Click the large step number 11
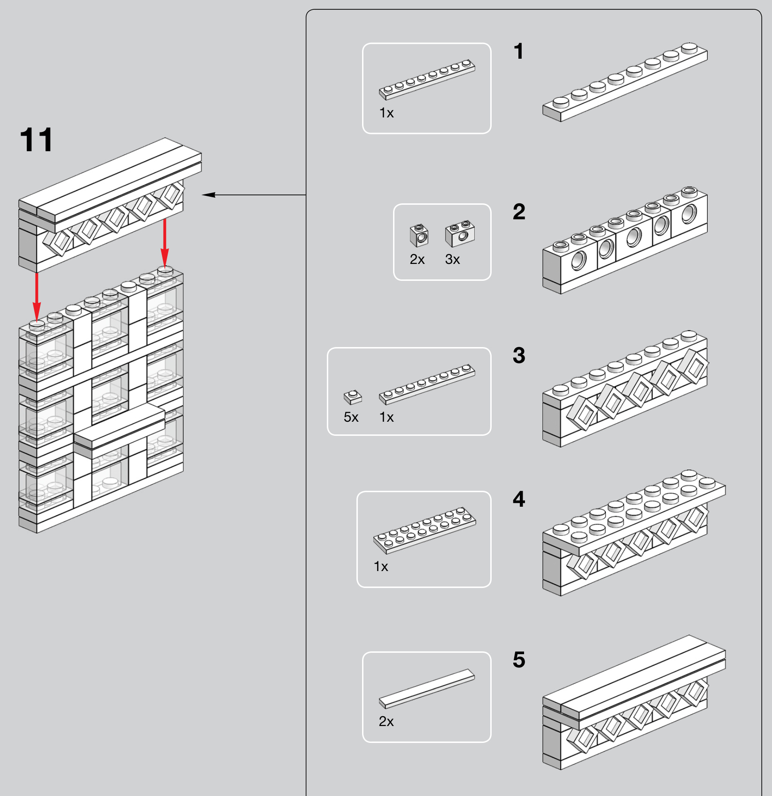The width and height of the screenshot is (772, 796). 37,140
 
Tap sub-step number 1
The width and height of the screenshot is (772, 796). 518,51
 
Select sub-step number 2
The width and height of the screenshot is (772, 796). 519,212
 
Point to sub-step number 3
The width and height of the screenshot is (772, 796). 519,355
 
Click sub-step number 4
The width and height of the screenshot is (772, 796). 519,499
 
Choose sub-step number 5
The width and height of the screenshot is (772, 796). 519,660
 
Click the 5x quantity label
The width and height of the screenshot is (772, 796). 351,417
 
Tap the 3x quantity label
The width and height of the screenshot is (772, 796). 452,259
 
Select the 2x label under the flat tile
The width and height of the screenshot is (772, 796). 386,721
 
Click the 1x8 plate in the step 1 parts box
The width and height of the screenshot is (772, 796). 427,80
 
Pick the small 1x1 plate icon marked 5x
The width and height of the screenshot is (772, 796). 353,397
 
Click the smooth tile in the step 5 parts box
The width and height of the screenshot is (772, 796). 427,688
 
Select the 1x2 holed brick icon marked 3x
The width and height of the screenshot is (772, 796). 460,233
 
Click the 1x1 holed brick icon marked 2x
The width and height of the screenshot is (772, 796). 419,235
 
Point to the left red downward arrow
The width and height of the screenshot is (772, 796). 37,296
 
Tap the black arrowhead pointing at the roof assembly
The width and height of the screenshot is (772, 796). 208,195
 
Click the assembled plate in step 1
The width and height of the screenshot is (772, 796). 625,83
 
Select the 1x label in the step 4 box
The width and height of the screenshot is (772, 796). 381,567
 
